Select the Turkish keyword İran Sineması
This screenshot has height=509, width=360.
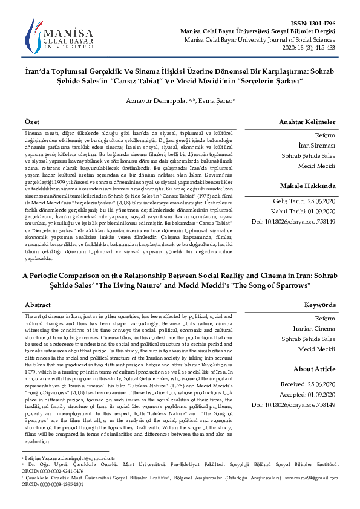coord(317,145)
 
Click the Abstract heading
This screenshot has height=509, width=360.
coord(38,305)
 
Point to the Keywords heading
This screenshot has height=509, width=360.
coord(319,305)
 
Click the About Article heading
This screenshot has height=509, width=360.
coord(314,369)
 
